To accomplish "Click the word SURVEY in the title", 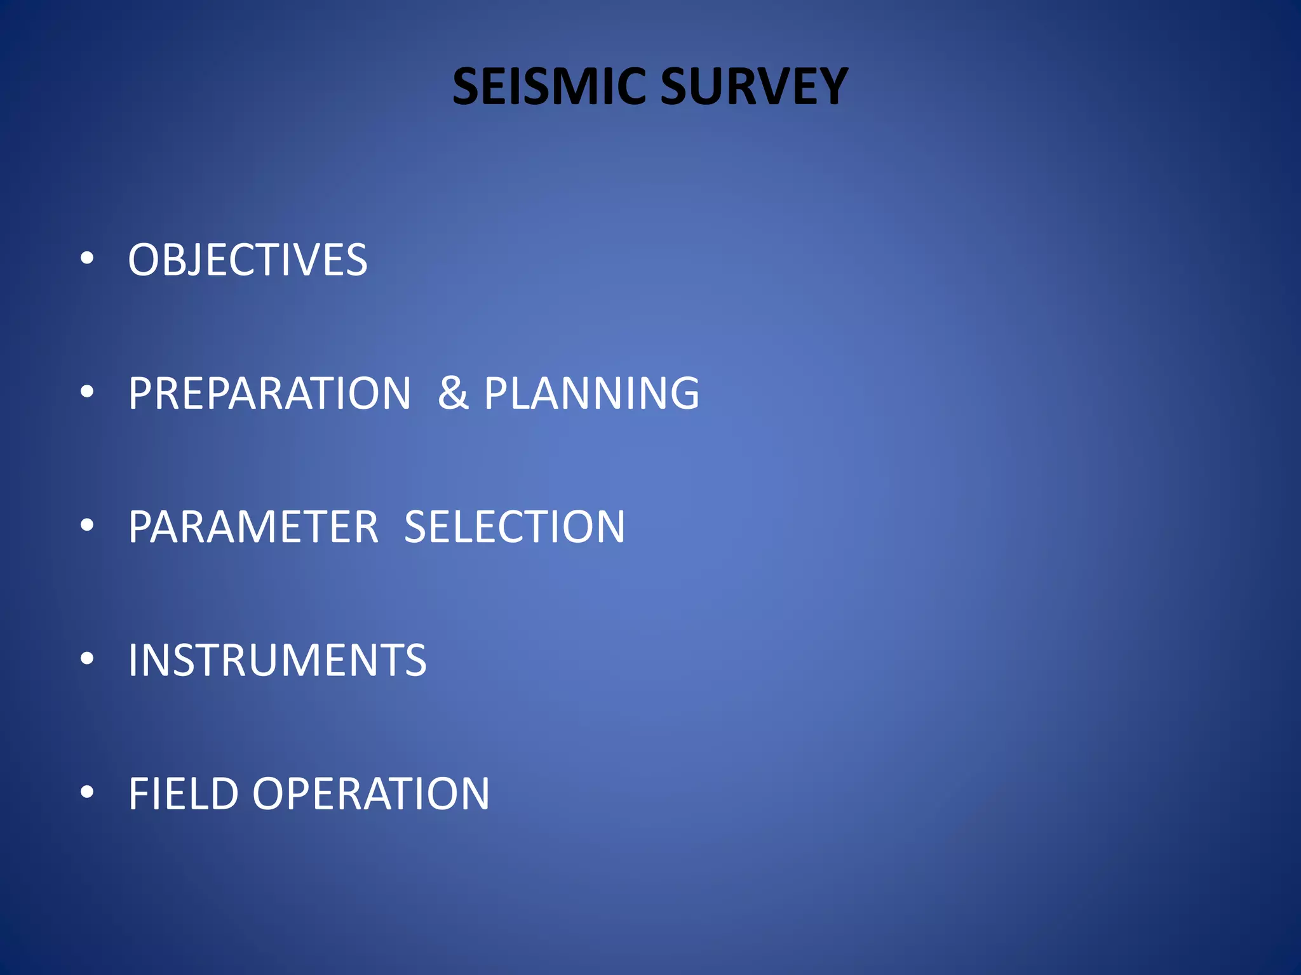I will click(x=754, y=86).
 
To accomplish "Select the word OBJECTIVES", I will click(x=248, y=260).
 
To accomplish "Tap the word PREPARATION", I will click(x=270, y=394).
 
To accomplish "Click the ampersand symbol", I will click(x=453, y=394).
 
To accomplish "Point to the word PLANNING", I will click(x=591, y=394).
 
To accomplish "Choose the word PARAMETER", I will click(x=253, y=527).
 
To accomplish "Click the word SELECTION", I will click(x=515, y=527).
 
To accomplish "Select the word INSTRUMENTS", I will click(x=278, y=660).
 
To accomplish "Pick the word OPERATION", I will click(x=371, y=793).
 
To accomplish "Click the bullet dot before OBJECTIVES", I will click(x=88, y=258).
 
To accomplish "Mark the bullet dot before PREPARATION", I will click(x=88, y=392).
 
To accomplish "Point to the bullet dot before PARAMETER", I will click(x=88, y=525).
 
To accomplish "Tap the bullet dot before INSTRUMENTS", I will click(x=88, y=658).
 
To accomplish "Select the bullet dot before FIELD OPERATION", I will click(x=88, y=792).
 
